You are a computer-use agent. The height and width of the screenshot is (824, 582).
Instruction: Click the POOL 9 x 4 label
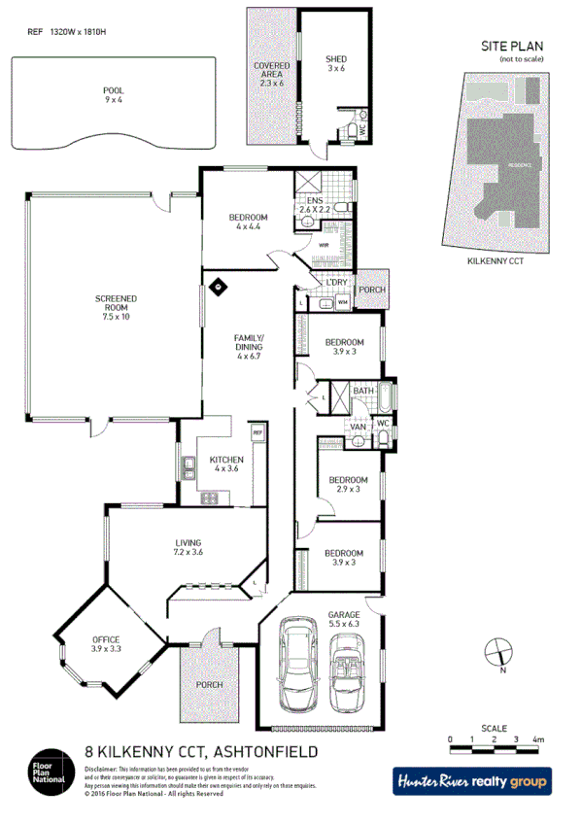click(x=114, y=94)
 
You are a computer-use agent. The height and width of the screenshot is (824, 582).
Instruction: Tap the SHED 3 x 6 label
click(x=335, y=63)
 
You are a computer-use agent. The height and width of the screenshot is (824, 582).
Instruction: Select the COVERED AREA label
click(x=272, y=75)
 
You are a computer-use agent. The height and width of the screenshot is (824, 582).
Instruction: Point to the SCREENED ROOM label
click(x=116, y=307)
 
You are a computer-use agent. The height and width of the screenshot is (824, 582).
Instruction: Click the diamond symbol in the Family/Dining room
click(x=220, y=287)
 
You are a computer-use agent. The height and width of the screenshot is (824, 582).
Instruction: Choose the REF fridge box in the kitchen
click(x=258, y=432)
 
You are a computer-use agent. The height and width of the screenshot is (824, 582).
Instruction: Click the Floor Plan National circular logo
click(x=48, y=771)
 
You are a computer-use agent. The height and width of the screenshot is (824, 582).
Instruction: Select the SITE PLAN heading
click(x=512, y=46)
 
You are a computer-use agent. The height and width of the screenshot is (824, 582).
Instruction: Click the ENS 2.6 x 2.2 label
click(x=317, y=205)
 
